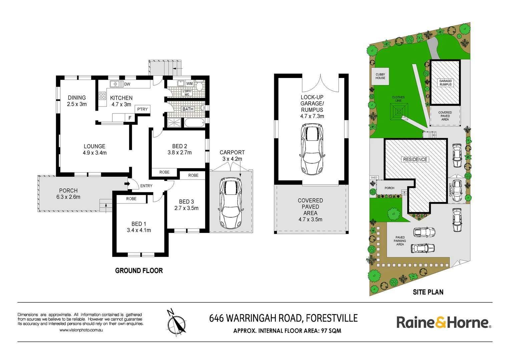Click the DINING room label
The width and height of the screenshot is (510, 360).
[x=77, y=98]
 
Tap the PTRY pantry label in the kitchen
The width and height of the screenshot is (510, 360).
[x=142, y=109]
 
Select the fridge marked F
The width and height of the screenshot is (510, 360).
[x=130, y=118]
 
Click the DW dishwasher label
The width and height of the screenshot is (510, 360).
[x=127, y=84]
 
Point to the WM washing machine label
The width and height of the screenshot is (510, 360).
[x=189, y=84]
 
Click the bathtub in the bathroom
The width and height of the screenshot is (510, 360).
[x=194, y=123]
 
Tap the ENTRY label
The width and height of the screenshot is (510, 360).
[x=146, y=186]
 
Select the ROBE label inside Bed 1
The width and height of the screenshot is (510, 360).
[x=131, y=199]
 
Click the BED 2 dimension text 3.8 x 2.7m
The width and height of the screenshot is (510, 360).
[x=179, y=153]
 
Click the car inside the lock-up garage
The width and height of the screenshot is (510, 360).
[x=312, y=149]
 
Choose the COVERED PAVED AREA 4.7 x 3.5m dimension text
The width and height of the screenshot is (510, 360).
[x=310, y=220]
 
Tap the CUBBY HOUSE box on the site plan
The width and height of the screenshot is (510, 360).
[x=380, y=76]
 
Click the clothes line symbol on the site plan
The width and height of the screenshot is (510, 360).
[x=399, y=111]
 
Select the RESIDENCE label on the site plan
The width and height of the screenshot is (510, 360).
[x=415, y=160]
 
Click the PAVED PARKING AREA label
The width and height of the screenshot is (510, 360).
[x=400, y=241]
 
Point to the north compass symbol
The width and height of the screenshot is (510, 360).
[x=176, y=324]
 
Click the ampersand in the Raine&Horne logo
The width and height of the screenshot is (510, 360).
[x=440, y=323]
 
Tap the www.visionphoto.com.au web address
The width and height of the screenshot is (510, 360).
[x=81, y=330]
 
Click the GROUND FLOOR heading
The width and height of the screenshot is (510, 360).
[x=139, y=271]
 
